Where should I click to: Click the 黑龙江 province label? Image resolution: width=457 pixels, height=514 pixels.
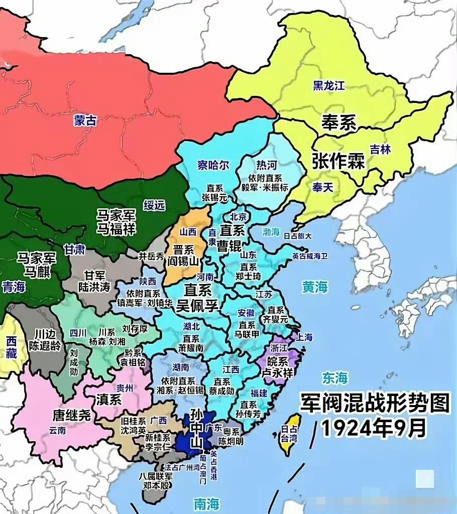(x=329, y=85)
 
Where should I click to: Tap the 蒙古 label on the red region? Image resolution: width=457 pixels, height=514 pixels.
(x=85, y=120)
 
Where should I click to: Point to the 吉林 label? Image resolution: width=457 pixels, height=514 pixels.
(x=380, y=149)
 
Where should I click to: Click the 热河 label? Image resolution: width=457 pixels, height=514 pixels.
(x=266, y=165)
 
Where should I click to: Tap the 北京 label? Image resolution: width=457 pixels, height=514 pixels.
(x=239, y=217)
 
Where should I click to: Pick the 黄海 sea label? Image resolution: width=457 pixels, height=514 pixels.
(x=315, y=287)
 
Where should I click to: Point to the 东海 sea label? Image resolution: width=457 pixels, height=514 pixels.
(x=335, y=377)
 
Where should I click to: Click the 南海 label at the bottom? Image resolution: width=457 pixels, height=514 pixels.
(x=207, y=502)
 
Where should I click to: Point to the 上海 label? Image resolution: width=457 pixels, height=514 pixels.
(x=305, y=337)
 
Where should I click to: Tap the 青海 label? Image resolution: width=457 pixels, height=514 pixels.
(x=14, y=287)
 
